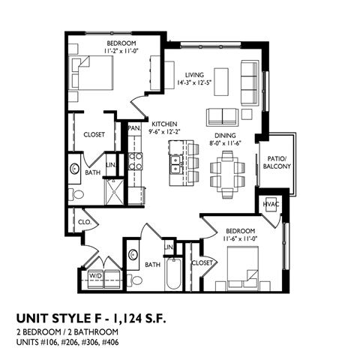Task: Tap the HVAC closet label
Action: pos(270,205)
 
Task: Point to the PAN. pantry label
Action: pos(135,127)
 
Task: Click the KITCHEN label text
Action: pos(163,123)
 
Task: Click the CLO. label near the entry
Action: pos(84,221)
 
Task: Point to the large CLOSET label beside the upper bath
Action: pos(94,136)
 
